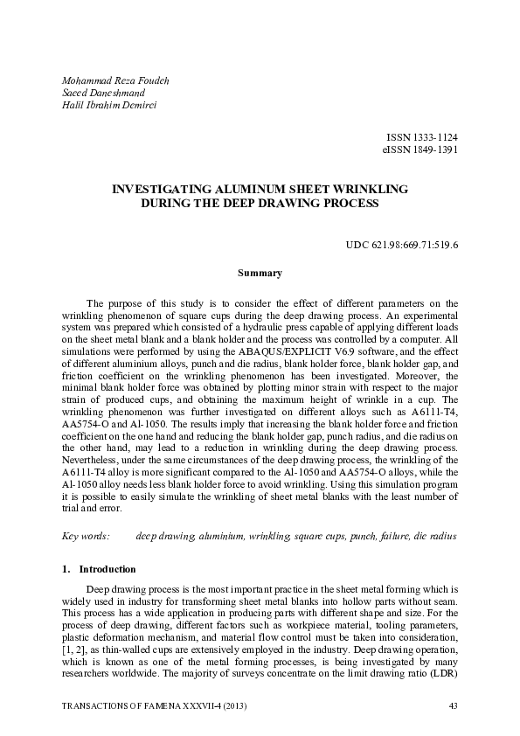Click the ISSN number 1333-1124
(433, 138)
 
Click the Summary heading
(260, 274)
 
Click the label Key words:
(87, 535)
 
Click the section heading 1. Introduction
(99, 569)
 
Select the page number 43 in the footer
(453, 705)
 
